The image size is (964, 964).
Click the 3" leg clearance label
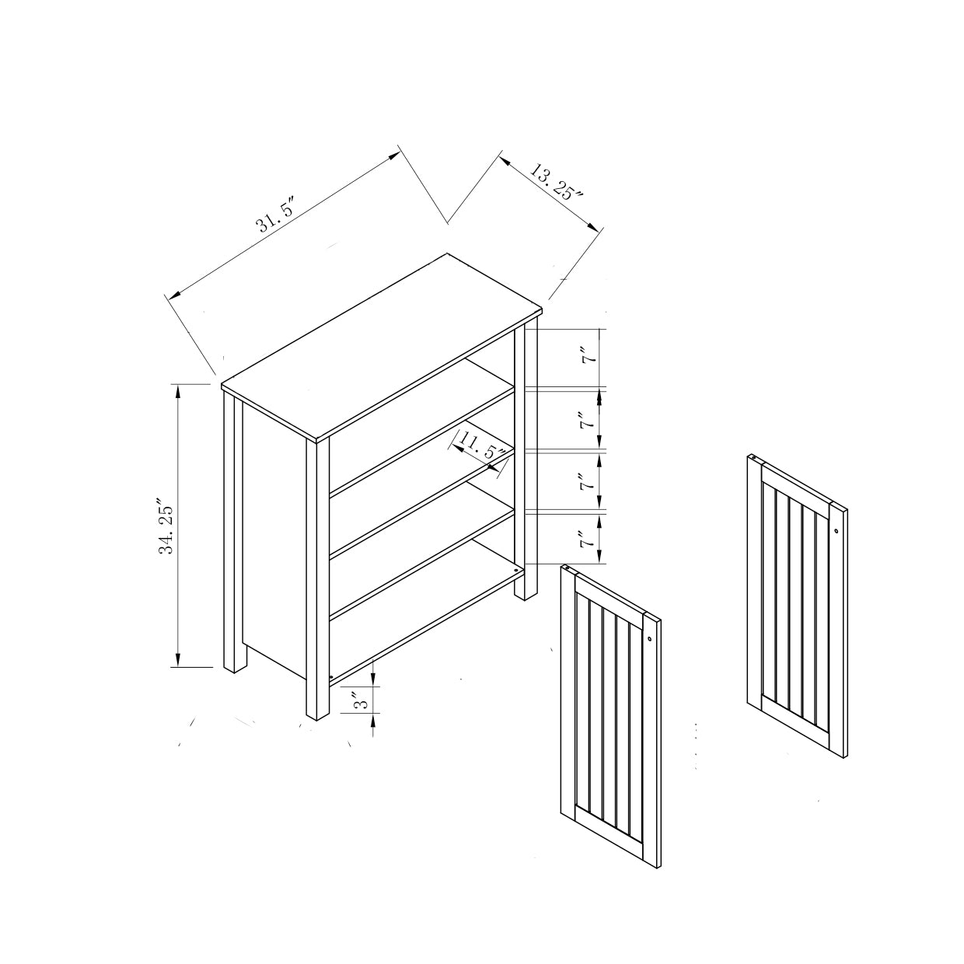[361, 700]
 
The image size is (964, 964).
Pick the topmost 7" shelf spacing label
[589, 358]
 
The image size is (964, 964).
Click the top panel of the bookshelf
[382, 347]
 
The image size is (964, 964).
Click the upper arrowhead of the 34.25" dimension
[176, 392]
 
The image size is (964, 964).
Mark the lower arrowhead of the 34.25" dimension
[176, 659]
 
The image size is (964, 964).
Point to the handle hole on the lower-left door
[649, 639]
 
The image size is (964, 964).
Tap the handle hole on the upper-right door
[837, 530]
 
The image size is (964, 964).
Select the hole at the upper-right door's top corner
[754, 457]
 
